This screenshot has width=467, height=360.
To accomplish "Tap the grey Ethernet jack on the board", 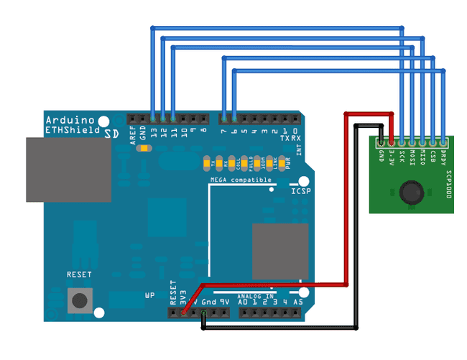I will click(x=68, y=170).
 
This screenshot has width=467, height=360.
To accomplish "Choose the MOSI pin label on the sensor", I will click(x=412, y=156).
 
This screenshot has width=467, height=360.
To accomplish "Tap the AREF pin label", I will click(x=133, y=136).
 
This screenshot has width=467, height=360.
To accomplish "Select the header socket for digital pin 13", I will click(x=153, y=117).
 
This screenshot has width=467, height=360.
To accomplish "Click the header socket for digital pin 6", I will click(x=234, y=117).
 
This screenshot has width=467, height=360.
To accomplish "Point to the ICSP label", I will click(x=300, y=192).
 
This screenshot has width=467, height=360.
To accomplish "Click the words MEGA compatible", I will click(x=241, y=180).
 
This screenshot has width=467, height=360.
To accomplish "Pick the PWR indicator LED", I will click(x=282, y=162).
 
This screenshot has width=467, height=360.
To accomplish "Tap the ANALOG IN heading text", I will click(x=255, y=295).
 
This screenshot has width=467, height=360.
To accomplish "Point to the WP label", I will click(x=149, y=295).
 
